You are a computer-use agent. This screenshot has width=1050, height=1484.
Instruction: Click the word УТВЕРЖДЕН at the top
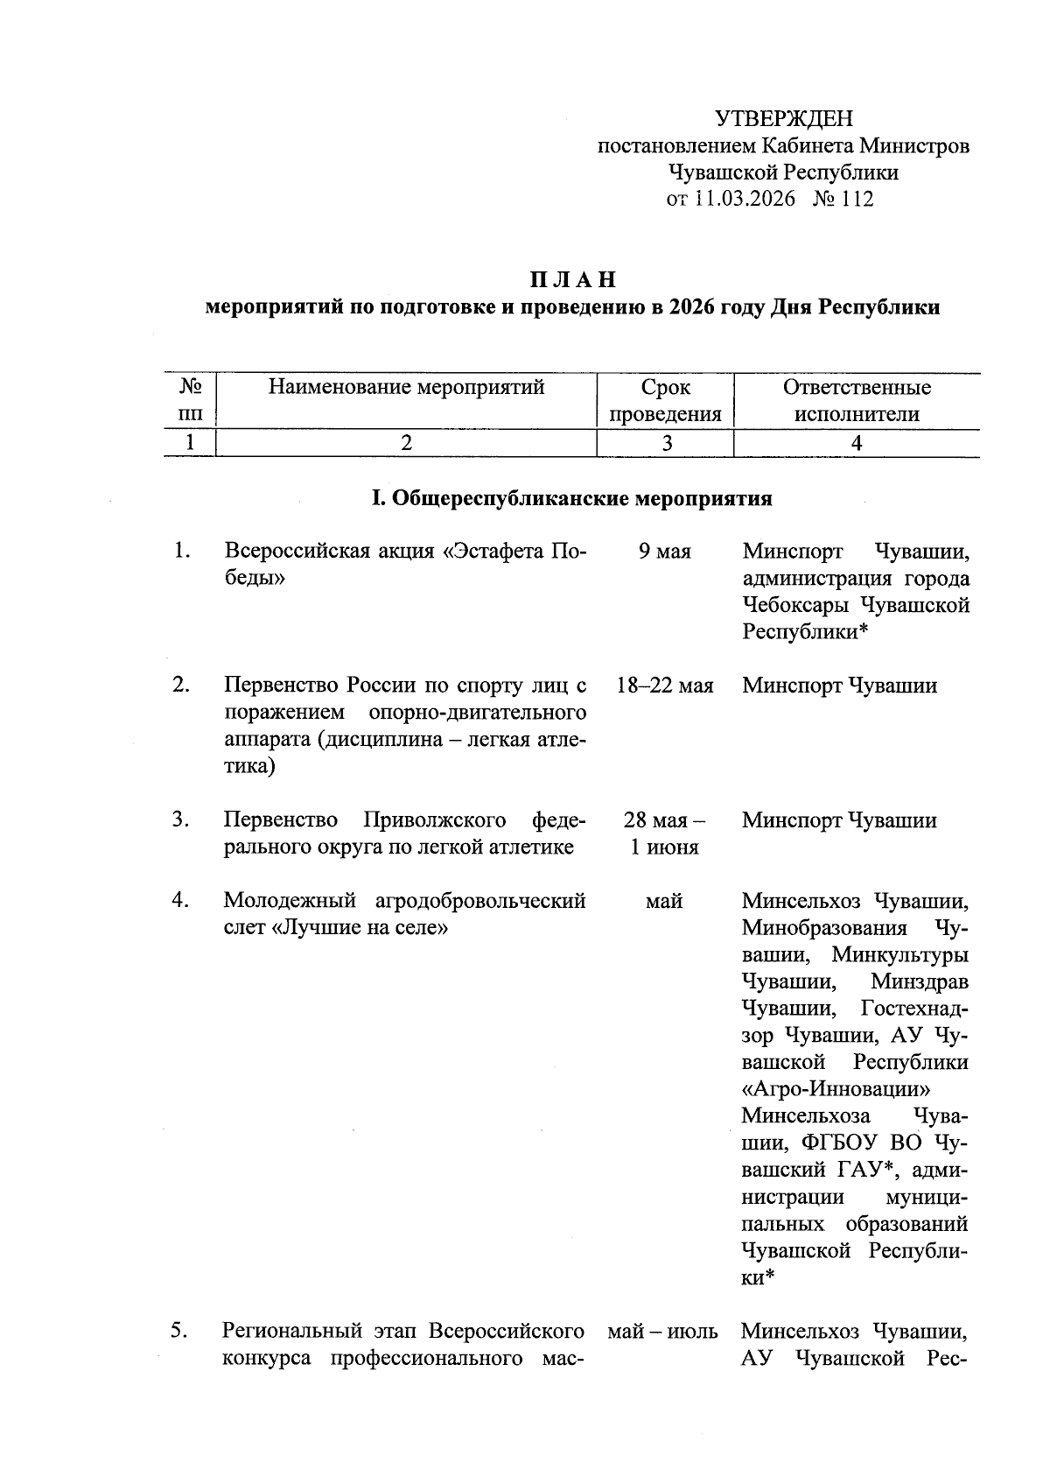click(783, 118)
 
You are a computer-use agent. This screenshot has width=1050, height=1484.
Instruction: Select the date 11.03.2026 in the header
click(745, 200)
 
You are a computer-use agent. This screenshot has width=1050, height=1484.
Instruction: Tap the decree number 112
click(857, 200)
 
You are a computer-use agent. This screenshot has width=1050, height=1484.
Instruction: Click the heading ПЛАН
click(572, 280)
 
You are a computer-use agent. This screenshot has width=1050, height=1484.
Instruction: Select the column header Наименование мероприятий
click(406, 387)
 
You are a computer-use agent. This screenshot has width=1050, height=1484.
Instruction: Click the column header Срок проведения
click(665, 401)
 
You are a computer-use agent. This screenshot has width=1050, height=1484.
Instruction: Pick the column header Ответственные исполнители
click(857, 401)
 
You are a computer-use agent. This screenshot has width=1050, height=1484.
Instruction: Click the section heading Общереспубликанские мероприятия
click(581, 499)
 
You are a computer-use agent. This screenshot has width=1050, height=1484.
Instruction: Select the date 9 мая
click(665, 552)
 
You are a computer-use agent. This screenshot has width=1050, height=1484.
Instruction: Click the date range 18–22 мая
click(665, 686)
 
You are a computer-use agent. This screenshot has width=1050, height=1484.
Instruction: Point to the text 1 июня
click(665, 847)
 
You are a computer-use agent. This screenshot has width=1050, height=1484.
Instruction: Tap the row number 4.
click(180, 900)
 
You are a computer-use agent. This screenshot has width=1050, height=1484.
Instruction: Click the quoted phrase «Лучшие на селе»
click(360, 927)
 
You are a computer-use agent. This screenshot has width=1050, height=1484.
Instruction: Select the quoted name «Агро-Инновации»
click(836, 1089)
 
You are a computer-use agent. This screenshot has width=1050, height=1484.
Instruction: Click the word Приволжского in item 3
click(434, 820)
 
